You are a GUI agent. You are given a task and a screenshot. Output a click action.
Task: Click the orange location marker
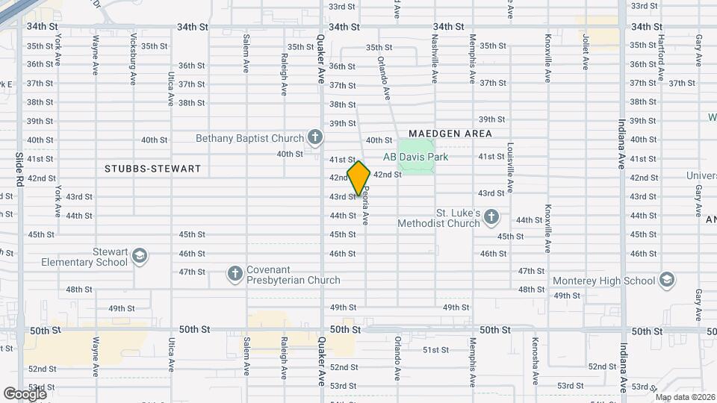(358, 178)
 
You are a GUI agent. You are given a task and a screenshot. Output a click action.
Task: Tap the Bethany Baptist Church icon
(316, 137)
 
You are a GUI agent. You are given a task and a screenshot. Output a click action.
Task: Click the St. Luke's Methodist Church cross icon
(491, 217)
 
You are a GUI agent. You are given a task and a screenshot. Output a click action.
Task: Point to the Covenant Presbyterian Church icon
(235, 274)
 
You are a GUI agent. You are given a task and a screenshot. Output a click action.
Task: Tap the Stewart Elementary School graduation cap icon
(139, 257)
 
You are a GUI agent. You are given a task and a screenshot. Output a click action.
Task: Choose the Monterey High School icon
(667, 281)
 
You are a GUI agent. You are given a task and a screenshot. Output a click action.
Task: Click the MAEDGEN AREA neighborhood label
(450, 134)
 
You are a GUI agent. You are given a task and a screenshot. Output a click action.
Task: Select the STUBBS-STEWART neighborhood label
(154, 169)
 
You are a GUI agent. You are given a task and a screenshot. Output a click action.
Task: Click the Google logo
(24, 393)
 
